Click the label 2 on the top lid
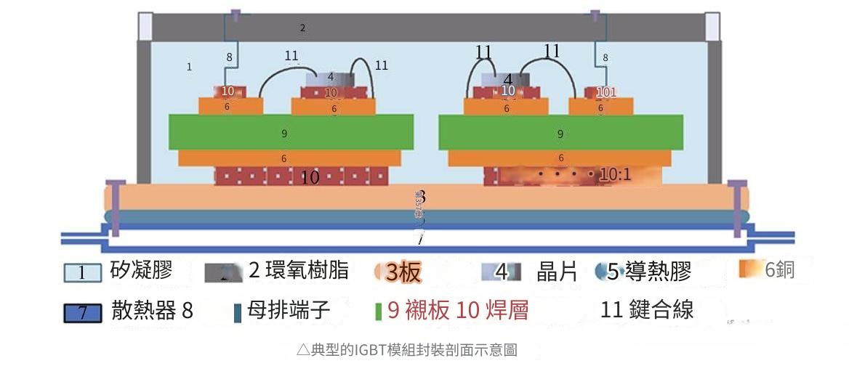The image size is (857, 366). (x=302, y=28)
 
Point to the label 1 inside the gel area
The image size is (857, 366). (x=189, y=67)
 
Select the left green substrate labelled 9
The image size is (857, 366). (x=284, y=134)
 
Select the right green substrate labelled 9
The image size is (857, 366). (x=560, y=134)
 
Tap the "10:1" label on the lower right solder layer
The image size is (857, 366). (x=614, y=175)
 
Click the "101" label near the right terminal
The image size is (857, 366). (x=605, y=92)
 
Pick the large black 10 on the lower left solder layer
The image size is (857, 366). (x=310, y=176)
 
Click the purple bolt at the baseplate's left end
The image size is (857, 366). (x=116, y=207)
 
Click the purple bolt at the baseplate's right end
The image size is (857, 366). (x=737, y=207)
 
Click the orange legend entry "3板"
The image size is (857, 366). (x=402, y=272)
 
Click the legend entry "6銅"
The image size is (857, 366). (x=778, y=270)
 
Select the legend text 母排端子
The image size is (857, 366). (x=289, y=312)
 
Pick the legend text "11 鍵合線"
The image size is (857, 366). (x=647, y=310)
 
